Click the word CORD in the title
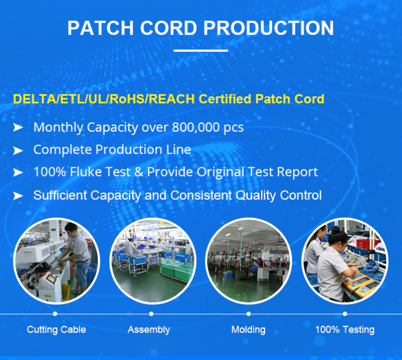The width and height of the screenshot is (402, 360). [168, 28]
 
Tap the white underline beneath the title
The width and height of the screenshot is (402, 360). [201, 50]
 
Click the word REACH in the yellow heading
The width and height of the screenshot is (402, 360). [172, 99]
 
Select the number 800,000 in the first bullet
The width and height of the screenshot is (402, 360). [196, 127]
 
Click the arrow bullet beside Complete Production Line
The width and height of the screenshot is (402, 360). [18, 150]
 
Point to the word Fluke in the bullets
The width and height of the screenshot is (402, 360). [86, 172]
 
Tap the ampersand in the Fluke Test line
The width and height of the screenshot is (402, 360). [139, 172]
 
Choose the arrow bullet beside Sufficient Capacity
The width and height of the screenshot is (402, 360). [18, 196]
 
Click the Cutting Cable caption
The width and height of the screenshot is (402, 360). [56, 330]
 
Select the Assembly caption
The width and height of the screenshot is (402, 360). [148, 330]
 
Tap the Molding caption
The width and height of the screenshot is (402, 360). [248, 330]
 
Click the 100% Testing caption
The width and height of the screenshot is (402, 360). [345, 330]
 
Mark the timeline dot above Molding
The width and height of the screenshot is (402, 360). [249, 314]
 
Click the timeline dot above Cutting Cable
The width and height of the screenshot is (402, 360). [55, 314]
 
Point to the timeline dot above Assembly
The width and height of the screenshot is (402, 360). [151, 314]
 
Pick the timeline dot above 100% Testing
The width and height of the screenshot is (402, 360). [345, 314]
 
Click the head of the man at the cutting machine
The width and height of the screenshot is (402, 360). [72, 228]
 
